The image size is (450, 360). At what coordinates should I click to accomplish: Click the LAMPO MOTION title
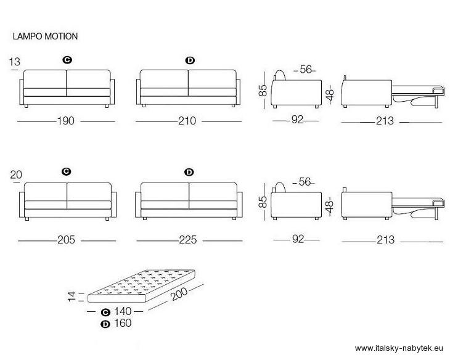point(46,36)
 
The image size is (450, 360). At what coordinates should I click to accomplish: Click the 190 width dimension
point(66,121)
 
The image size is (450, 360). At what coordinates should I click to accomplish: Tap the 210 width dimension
point(187,121)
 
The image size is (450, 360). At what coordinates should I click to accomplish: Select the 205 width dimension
point(66,240)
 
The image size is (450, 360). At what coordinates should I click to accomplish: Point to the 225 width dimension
point(188,240)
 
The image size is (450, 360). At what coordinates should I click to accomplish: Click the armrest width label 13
point(15,62)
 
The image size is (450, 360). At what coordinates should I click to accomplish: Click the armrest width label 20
point(16,174)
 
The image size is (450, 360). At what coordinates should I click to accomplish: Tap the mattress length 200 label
point(179,293)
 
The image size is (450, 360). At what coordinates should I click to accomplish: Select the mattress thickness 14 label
point(72,297)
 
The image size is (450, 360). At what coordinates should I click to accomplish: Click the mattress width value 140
point(123,311)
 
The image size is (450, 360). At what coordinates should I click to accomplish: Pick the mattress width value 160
point(123,323)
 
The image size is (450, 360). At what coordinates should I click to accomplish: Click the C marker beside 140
point(105,312)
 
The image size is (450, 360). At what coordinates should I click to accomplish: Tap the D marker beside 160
point(105,324)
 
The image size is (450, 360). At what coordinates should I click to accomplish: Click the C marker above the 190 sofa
point(67,60)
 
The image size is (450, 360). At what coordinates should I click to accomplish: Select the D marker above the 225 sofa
point(189,172)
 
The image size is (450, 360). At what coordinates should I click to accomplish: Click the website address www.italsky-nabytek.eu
point(399,348)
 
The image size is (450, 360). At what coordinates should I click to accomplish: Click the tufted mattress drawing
point(142,286)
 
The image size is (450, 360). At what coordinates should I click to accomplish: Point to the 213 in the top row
point(385,121)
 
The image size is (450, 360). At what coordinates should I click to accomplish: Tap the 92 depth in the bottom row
point(298,239)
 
